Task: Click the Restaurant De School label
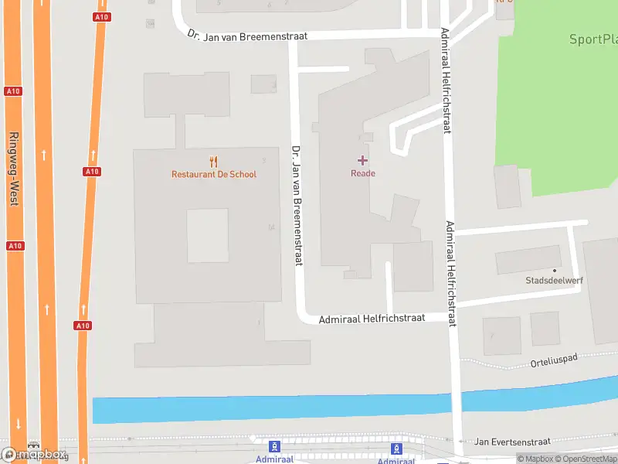[x=214, y=174]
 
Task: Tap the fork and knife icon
[x=214, y=161]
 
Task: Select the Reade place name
[x=363, y=173]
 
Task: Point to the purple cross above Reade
[x=362, y=160]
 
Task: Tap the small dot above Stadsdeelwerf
[x=554, y=270]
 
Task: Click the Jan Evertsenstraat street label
[x=511, y=441]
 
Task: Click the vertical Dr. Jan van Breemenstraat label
[x=296, y=206]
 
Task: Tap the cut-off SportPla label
[x=593, y=39]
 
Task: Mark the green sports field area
[x=556, y=116]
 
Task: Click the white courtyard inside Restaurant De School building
[x=208, y=235]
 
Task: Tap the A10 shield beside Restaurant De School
[x=92, y=171]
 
